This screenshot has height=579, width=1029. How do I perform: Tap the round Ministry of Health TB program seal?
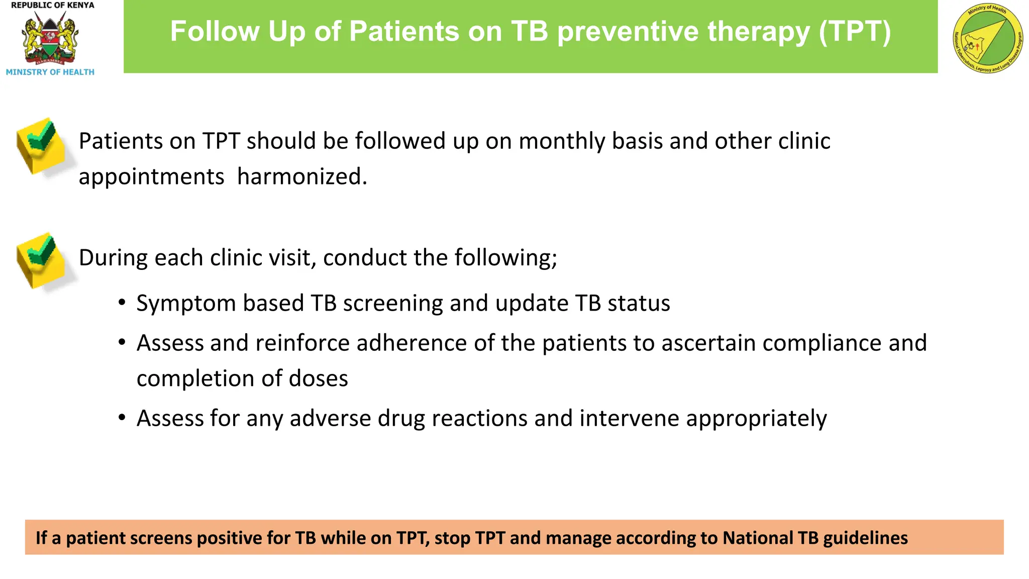pyautogui.click(x=988, y=38)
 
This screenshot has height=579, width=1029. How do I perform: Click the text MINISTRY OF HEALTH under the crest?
pyautogui.click(x=50, y=72)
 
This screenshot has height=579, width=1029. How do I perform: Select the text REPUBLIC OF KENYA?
pyautogui.click(x=52, y=5)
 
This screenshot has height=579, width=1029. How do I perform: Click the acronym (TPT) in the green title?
pyautogui.click(x=855, y=31)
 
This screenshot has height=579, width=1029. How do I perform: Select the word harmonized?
pyautogui.click(x=302, y=177)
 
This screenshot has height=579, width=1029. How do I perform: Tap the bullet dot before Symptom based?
pyautogui.click(x=122, y=303)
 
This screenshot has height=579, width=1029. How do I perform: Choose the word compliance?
pyautogui.click(x=822, y=343)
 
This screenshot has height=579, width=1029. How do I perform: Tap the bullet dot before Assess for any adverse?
pyautogui.click(x=122, y=418)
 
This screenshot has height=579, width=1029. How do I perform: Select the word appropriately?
pyautogui.click(x=756, y=419)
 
